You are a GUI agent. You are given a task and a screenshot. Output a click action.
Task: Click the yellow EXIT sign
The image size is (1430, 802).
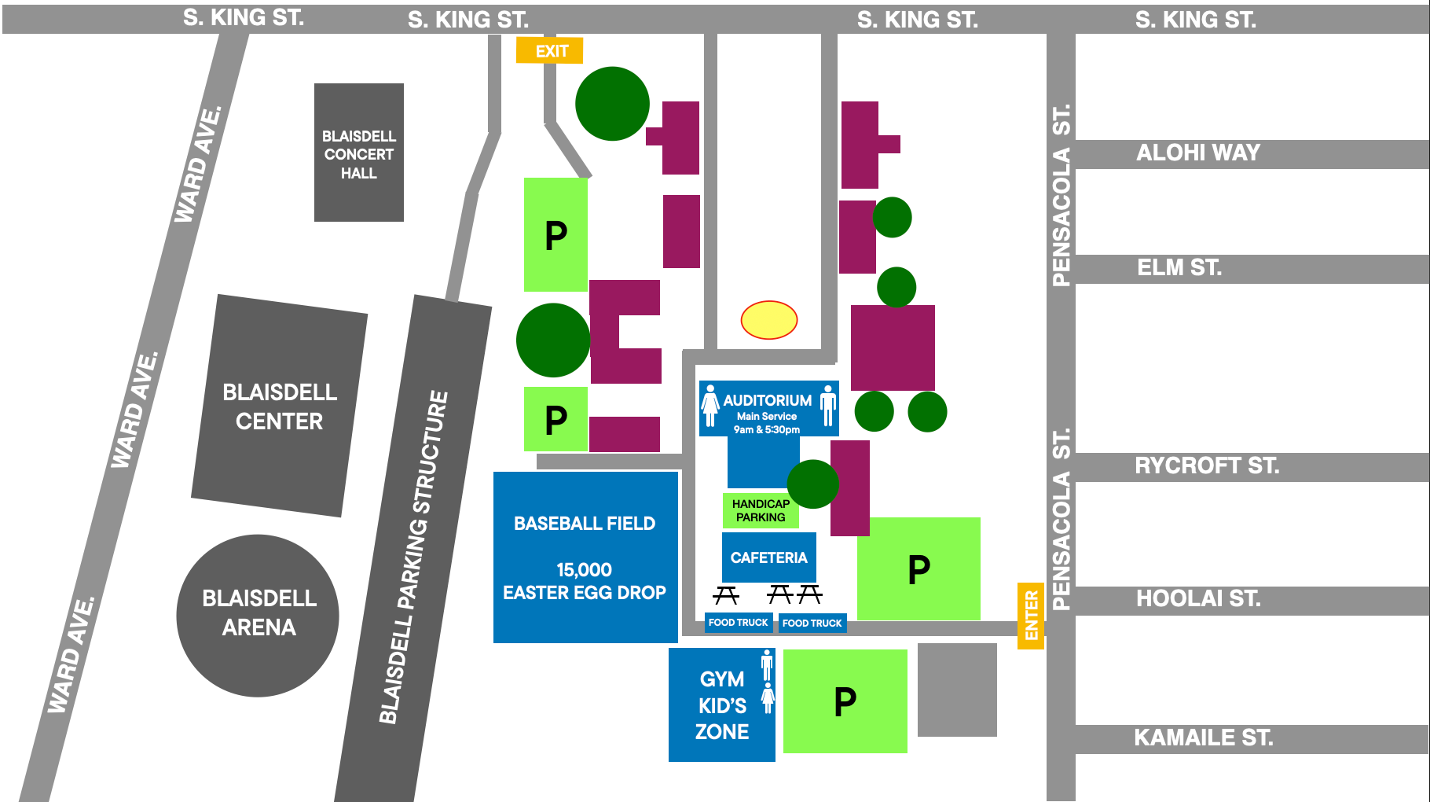[549, 51]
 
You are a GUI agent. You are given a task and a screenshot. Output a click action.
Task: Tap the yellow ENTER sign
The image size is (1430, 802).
[1031, 616]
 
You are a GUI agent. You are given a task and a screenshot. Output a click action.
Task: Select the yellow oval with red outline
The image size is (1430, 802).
[769, 320]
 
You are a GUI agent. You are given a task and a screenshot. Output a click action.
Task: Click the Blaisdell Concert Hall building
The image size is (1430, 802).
[359, 153]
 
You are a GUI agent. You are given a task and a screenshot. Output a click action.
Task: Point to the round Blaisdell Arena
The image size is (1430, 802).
[258, 615]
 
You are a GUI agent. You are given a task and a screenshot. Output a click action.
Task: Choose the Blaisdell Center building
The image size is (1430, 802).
[279, 406]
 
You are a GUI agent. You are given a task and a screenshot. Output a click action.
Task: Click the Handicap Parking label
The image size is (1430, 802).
[760, 510]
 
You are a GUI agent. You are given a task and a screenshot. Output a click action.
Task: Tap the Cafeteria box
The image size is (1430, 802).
[768, 557]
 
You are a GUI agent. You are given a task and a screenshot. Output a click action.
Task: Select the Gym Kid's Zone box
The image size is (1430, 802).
[721, 705]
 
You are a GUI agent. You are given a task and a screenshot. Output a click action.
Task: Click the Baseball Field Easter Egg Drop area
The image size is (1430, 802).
[585, 557]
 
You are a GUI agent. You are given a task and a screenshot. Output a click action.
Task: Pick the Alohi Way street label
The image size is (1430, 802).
[1197, 153]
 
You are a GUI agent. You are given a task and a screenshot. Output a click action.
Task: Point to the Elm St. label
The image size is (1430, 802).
[1179, 268]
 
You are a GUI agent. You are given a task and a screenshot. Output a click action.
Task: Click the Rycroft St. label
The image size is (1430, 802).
[1206, 465]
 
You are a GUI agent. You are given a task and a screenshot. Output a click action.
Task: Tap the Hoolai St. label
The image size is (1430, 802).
[1197, 599]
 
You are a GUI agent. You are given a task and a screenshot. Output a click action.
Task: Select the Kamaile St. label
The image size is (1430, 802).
[1202, 738]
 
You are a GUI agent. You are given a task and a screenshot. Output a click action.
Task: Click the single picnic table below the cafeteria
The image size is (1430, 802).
[726, 595]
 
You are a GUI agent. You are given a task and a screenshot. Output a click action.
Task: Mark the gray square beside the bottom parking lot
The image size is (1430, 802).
[957, 690]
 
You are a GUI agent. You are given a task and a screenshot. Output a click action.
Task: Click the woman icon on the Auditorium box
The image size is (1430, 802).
[710, 406]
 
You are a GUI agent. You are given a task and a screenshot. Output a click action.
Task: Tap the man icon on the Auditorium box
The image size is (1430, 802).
[827, 406]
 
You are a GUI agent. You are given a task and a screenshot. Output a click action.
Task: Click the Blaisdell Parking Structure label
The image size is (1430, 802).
[413, 557]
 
